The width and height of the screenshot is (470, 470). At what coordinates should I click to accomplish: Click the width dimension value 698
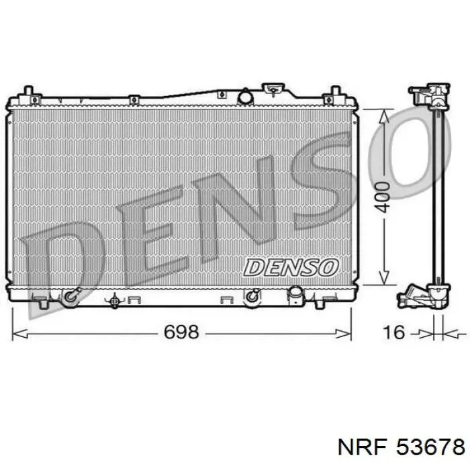[181, 332]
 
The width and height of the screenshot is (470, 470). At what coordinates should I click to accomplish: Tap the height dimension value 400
[383, 197]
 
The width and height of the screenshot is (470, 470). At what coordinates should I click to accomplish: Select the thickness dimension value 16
[394, 332]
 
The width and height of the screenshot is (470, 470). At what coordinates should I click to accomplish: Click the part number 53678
[430, 448]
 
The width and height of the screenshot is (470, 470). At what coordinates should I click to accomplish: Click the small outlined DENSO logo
[291, 267]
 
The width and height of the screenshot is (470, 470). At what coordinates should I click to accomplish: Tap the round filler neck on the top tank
[245, 96]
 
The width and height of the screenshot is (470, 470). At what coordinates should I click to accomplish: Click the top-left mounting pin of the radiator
[28, 91]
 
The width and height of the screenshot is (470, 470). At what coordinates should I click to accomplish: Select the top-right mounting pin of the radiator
[336, 91]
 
